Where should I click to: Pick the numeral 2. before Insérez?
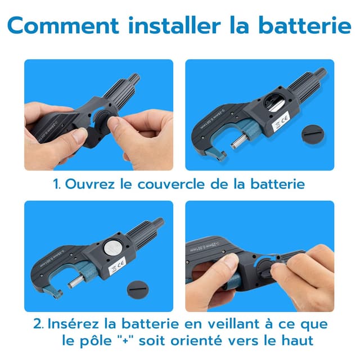click(39, 324)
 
